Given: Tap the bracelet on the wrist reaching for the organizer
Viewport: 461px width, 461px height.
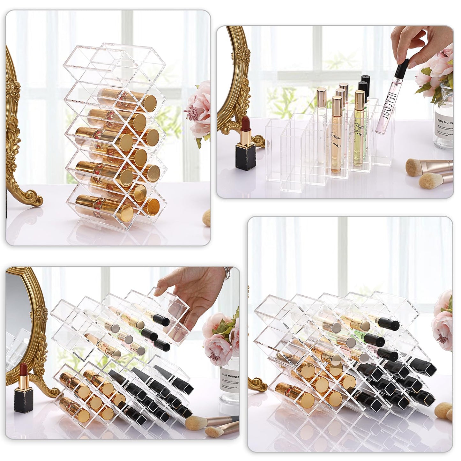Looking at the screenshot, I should point(227,273).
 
